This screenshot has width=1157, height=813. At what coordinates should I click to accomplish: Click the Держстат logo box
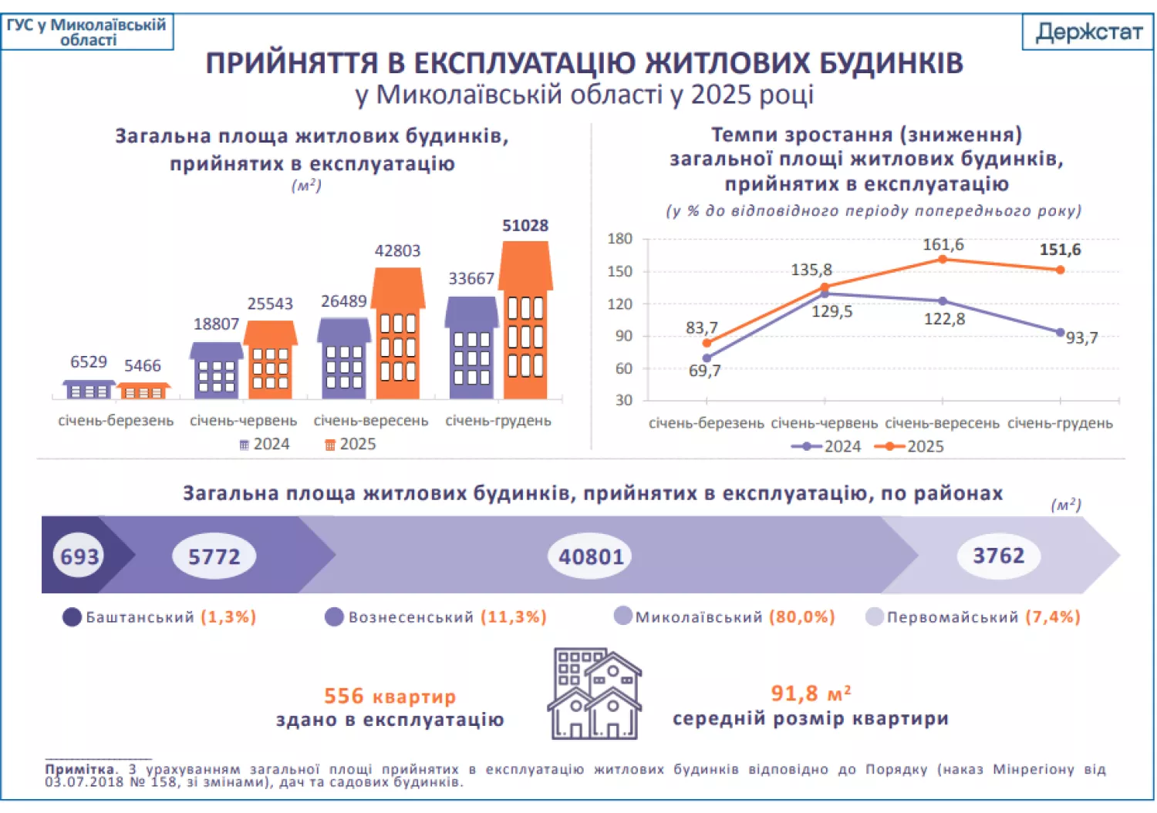(1088, 32)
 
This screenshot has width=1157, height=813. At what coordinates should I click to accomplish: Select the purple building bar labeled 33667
(471, 351)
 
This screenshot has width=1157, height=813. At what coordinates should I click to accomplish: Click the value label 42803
(397, 251)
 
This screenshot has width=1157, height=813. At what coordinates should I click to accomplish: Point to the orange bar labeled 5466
(143, 391)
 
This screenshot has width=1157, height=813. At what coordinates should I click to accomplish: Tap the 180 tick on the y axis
(619, 239)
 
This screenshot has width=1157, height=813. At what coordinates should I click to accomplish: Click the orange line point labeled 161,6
(943, 260)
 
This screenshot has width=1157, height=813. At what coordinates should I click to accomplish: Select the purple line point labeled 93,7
(1060, 332)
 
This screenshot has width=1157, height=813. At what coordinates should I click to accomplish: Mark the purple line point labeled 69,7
(707, 358)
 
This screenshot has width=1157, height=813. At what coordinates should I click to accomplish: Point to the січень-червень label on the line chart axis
(824, 424)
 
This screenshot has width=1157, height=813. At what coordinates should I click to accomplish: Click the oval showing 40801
(590, 556)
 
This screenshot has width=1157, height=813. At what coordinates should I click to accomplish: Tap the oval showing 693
(79, 556)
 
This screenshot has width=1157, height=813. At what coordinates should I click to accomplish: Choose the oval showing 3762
(998, 556)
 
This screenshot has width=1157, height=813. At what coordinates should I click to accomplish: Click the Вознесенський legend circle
(334, 617)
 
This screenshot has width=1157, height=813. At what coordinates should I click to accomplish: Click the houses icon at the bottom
(594, 694)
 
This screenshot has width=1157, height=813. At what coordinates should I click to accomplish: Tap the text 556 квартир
(390, 697)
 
